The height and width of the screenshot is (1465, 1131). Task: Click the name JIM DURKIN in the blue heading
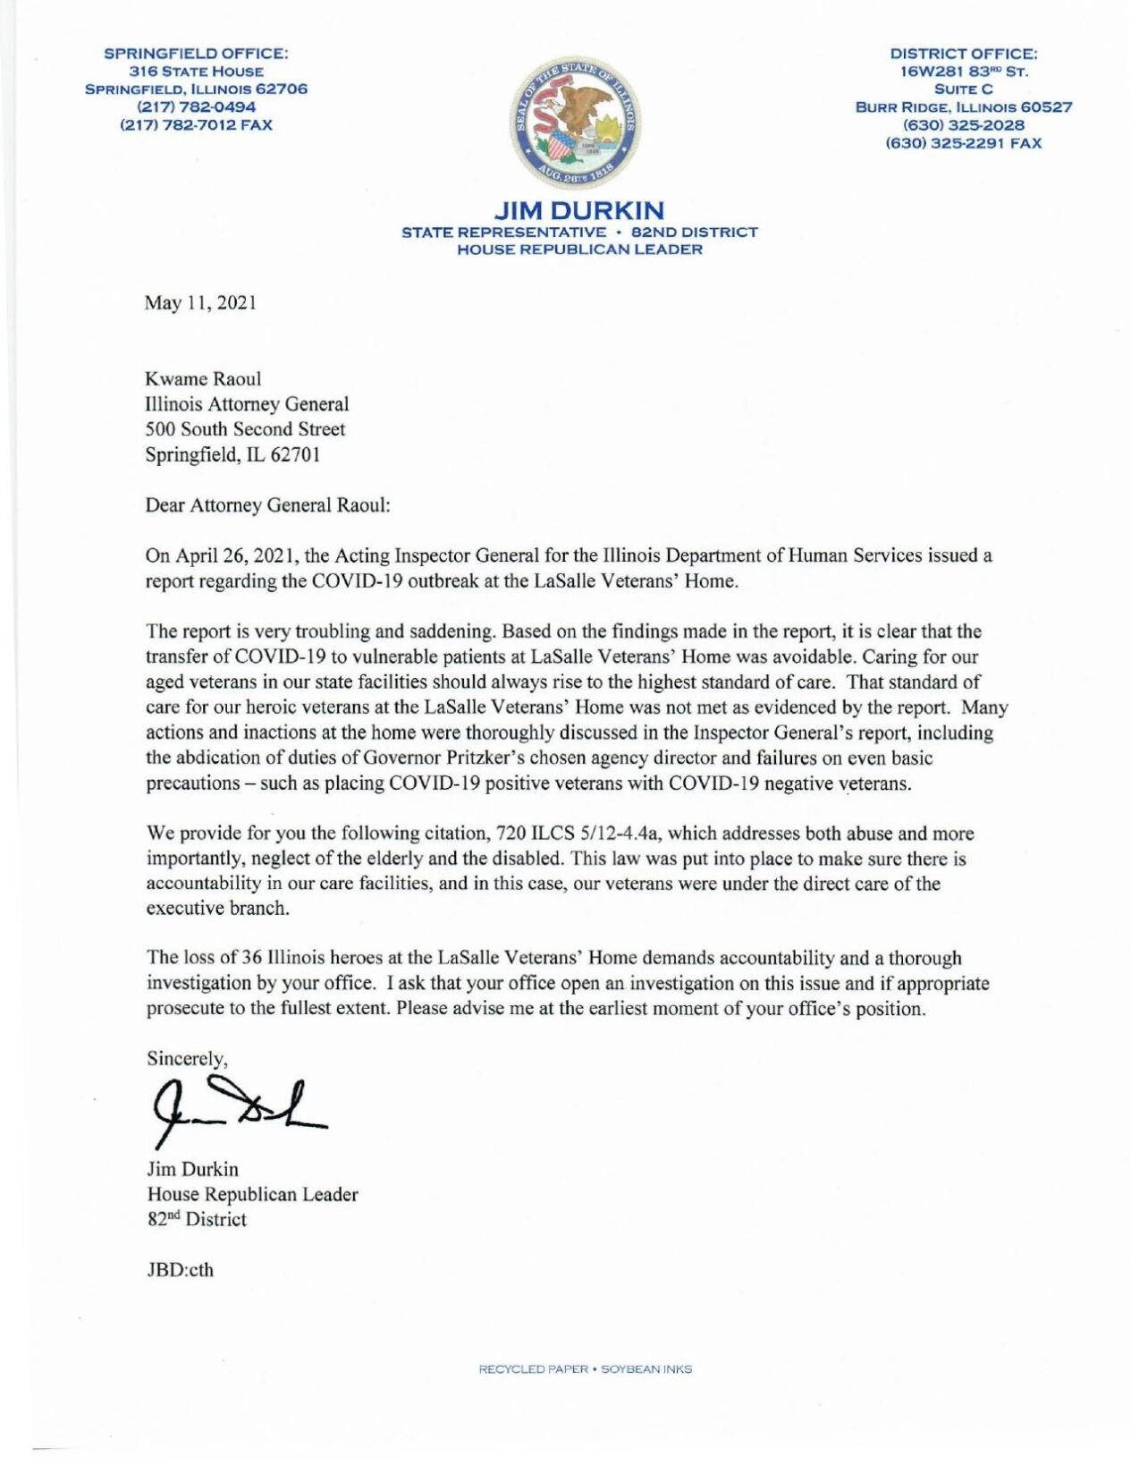pos(578,211)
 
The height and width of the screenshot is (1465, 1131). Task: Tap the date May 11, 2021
pos(200,303)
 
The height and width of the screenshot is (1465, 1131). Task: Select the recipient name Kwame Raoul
pos(203,379)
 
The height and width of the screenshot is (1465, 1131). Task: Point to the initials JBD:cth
pos(180,1270)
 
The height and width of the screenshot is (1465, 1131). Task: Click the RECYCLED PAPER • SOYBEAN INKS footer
pos(585,1369)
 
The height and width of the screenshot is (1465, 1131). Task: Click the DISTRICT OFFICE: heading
pos(963,54)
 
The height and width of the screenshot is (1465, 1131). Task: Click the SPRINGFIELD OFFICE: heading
pos(196,54)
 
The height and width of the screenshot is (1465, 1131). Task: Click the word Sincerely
pos(186,1059)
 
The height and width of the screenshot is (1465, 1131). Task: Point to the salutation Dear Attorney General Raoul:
pos(267,505)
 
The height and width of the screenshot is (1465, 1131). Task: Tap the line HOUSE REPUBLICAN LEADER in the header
pos(578,250)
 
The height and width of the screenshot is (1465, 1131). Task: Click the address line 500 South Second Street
pos(245,429)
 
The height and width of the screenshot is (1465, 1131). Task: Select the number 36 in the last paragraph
pos(252,958)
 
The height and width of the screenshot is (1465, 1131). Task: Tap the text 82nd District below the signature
pos(197,1220)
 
